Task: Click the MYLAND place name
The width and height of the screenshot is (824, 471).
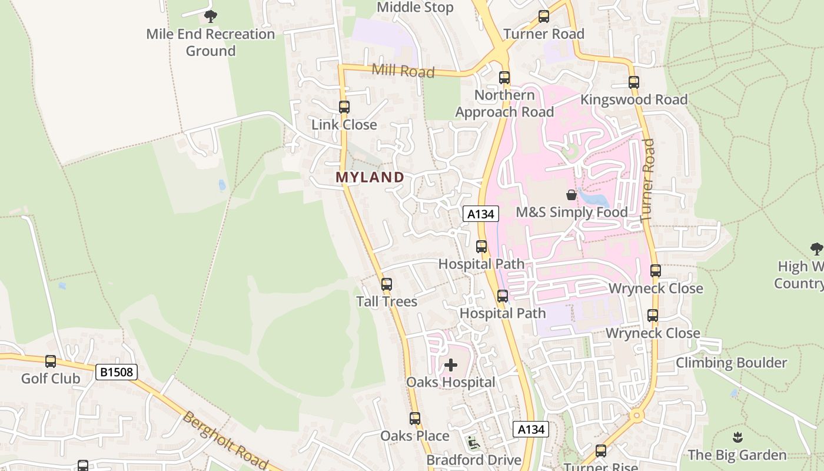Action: point(370,177)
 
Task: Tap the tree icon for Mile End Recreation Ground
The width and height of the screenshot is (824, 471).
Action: point(210,16)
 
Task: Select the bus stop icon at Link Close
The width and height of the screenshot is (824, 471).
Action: point(344,107)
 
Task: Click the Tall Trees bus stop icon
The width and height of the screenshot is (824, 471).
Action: point(387,284)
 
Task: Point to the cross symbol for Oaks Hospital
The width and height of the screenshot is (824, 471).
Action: point(451,365)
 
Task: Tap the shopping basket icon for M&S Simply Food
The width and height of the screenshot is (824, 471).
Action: point(571,195)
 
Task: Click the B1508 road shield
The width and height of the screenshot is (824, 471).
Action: point(117,372)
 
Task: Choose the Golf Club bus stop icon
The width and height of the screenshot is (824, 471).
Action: point(51,361)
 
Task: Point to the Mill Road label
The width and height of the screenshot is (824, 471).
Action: point(403,71)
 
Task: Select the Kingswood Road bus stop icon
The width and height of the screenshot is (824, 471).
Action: point(634,82)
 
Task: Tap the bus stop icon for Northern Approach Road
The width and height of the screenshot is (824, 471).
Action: point(504,78)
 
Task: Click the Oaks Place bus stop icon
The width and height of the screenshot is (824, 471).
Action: point(415,419)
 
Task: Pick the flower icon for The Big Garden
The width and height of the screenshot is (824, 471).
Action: point(737,437)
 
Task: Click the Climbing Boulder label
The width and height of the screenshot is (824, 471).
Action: point(731,363)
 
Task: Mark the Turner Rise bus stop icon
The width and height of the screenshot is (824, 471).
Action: point(601,451)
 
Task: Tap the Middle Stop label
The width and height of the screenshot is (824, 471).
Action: point(415,8)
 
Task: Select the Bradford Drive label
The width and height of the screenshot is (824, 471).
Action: point(474,460)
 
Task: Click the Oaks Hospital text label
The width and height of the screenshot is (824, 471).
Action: point(451,383)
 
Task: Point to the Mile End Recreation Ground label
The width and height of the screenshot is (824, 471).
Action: point(211,42)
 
